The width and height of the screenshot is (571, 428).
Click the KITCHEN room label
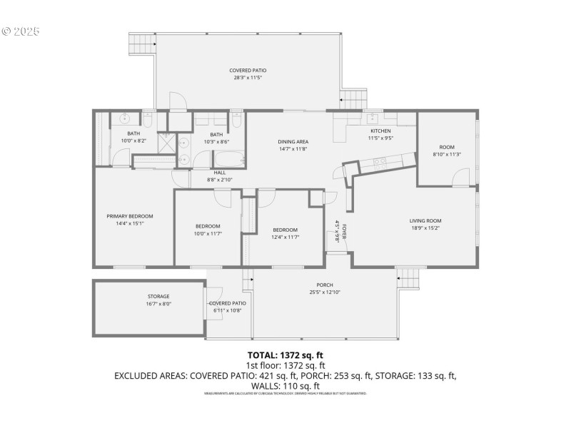380,131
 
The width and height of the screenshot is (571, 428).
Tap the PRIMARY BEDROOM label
130,216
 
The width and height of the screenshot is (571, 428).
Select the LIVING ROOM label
425,220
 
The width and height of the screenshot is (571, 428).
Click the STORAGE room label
158,296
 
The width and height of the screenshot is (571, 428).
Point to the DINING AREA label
293,141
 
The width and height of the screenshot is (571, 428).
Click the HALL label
221,173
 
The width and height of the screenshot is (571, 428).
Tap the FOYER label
343,231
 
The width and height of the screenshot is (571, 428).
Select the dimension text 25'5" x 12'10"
325,292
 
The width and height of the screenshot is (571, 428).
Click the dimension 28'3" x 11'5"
248,78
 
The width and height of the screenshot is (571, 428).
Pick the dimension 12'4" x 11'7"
285,237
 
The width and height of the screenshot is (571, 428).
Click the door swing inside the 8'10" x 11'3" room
460,177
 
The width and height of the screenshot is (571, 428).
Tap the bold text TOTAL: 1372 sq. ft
285,355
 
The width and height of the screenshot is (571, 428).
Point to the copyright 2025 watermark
21,31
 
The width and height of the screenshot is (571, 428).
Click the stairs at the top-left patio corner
141,43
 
